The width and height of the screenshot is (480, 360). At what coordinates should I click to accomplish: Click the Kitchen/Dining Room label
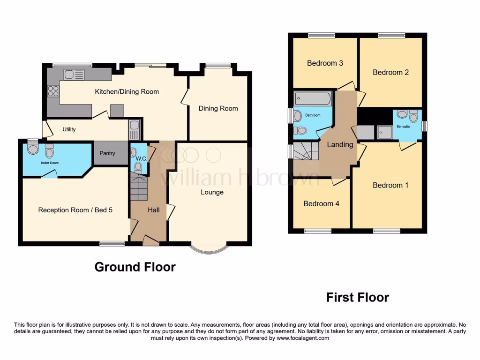click(x=127, y=92)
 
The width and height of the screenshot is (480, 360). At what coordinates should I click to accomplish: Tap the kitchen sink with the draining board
click(x=75, y=74)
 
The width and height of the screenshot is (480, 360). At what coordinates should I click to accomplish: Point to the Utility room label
click(x=69, y=129)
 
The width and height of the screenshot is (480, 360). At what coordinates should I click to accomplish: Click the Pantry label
click(x=107, y=153)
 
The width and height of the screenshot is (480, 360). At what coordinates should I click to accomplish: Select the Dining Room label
click(x=218, y=109)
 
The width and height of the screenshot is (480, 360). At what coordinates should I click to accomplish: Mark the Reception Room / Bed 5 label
click(x=75, y=210)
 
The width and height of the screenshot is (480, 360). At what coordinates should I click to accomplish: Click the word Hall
click(x=154, y=210)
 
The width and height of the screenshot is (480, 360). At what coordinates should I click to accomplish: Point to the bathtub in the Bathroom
click(x=312, y=99)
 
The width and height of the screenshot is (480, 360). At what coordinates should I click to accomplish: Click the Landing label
click(x=340, y=145)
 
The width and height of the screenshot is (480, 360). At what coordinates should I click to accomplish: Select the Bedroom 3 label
click(x=325, y=63)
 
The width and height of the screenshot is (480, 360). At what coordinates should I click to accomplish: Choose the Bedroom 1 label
click(x=390, y=186)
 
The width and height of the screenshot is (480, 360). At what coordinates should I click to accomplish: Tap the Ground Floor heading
click(x=135, y=267)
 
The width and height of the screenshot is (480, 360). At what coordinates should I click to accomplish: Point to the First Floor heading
click(x=357, y=297)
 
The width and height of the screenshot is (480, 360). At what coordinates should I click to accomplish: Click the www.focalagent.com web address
click(x=303, y=338)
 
